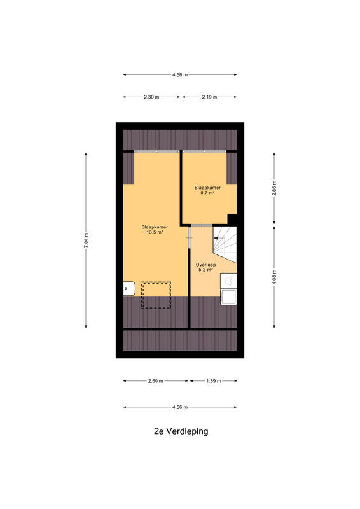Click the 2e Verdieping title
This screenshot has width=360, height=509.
click(181, 431)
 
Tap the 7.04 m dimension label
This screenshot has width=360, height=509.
click(86, 241)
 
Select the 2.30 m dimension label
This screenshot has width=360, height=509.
click(151, 97)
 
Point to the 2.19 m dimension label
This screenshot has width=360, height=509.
click(209, 97)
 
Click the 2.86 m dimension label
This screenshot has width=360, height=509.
click(274, 188)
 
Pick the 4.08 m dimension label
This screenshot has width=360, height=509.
click(274, 277)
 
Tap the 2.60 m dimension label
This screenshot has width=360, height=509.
click(155, 381)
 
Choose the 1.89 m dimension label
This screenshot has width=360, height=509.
click(214, 381)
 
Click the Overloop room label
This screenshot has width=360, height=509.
click(206, 265)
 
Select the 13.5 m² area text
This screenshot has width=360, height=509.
click(155, 232)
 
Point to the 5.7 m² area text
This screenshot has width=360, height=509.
click(207, 193)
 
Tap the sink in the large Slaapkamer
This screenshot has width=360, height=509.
click(129, 288)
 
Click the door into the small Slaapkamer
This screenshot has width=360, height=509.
click(202, 225)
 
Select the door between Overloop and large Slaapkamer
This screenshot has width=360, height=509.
click(190, 238)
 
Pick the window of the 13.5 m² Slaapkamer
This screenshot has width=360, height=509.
click(157, 151)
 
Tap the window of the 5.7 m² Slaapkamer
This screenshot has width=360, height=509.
click(204, 151)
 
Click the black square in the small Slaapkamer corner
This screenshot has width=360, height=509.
click(232, 219)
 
